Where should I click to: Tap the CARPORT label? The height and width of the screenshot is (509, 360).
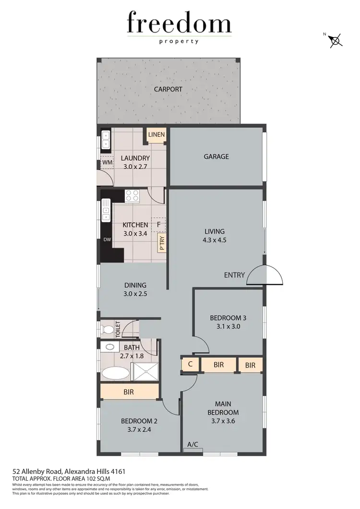(168, 89)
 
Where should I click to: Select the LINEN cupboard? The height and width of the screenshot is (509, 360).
(156, 135)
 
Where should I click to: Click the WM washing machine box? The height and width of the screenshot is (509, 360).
(107, 162)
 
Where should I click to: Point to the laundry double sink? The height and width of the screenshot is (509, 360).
(106, 140)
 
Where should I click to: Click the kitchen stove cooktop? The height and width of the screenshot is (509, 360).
(132, 196)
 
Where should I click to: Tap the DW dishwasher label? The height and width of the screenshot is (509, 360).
(106, 239)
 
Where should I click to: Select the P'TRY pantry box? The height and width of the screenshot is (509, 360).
(161, 243)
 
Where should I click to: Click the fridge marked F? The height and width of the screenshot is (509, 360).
(158, 225)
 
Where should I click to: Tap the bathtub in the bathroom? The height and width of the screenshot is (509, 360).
(115, 373)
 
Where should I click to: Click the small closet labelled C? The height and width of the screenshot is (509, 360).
(190, 365)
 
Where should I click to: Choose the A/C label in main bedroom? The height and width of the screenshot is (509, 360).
(193, 445)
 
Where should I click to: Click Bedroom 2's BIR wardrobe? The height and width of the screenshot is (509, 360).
(129, 392)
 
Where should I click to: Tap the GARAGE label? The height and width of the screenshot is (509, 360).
(216, 156)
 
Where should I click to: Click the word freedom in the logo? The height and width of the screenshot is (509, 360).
(179, 24)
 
